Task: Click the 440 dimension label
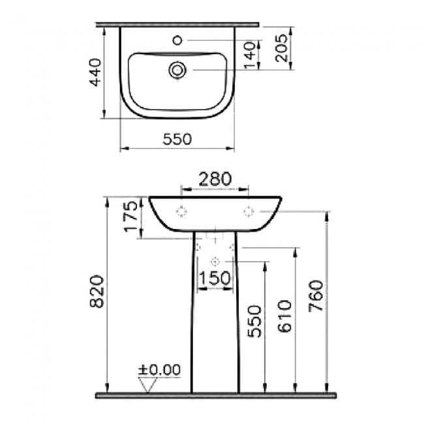95,72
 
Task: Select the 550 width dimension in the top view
176,139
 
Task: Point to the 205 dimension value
281,47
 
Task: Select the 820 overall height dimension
97,292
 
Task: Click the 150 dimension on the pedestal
215,278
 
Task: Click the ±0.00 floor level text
159,370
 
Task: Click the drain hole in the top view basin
177,69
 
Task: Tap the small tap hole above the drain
177,40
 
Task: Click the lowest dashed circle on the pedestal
215,262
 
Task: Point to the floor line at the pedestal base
215,395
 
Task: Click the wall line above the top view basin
177,24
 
